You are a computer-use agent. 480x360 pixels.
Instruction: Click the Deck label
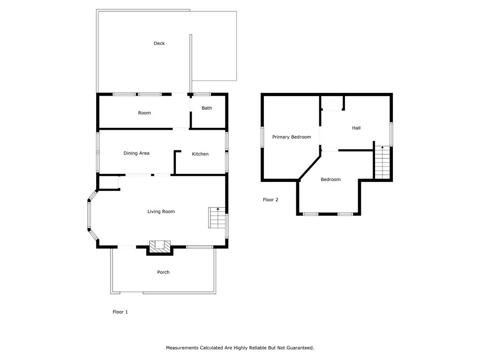coord(159,44)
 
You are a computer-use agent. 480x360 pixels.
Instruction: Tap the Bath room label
coord(207,108)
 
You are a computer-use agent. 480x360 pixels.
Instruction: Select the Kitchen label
coord(200,154)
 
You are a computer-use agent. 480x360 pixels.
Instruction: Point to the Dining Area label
coord(136,153)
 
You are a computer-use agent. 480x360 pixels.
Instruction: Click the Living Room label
coord(161,212)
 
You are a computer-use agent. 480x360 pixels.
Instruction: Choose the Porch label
coord(163,272)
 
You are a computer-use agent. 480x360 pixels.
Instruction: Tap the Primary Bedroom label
coord(292,137)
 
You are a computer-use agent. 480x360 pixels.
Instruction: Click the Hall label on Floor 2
coord(356,128)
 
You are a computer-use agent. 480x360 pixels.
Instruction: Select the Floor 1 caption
coord(120,312)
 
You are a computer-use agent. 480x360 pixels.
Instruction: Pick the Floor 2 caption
coord(270,200)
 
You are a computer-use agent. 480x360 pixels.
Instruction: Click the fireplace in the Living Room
coord(160,246)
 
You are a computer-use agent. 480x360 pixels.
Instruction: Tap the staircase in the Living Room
coord(217,217)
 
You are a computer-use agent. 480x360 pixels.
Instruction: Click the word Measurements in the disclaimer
coord(182,348)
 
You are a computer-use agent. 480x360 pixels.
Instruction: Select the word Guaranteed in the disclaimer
coord(299,348)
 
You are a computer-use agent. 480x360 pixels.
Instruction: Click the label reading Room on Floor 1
coord(144,113)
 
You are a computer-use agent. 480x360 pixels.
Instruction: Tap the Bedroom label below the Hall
coord(330,180)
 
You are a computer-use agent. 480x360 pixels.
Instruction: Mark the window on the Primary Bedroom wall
coord(262,137)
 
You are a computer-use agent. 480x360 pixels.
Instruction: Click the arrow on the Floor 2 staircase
coord(382,148)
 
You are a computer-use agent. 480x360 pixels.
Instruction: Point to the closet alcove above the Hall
coord(332,103)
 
